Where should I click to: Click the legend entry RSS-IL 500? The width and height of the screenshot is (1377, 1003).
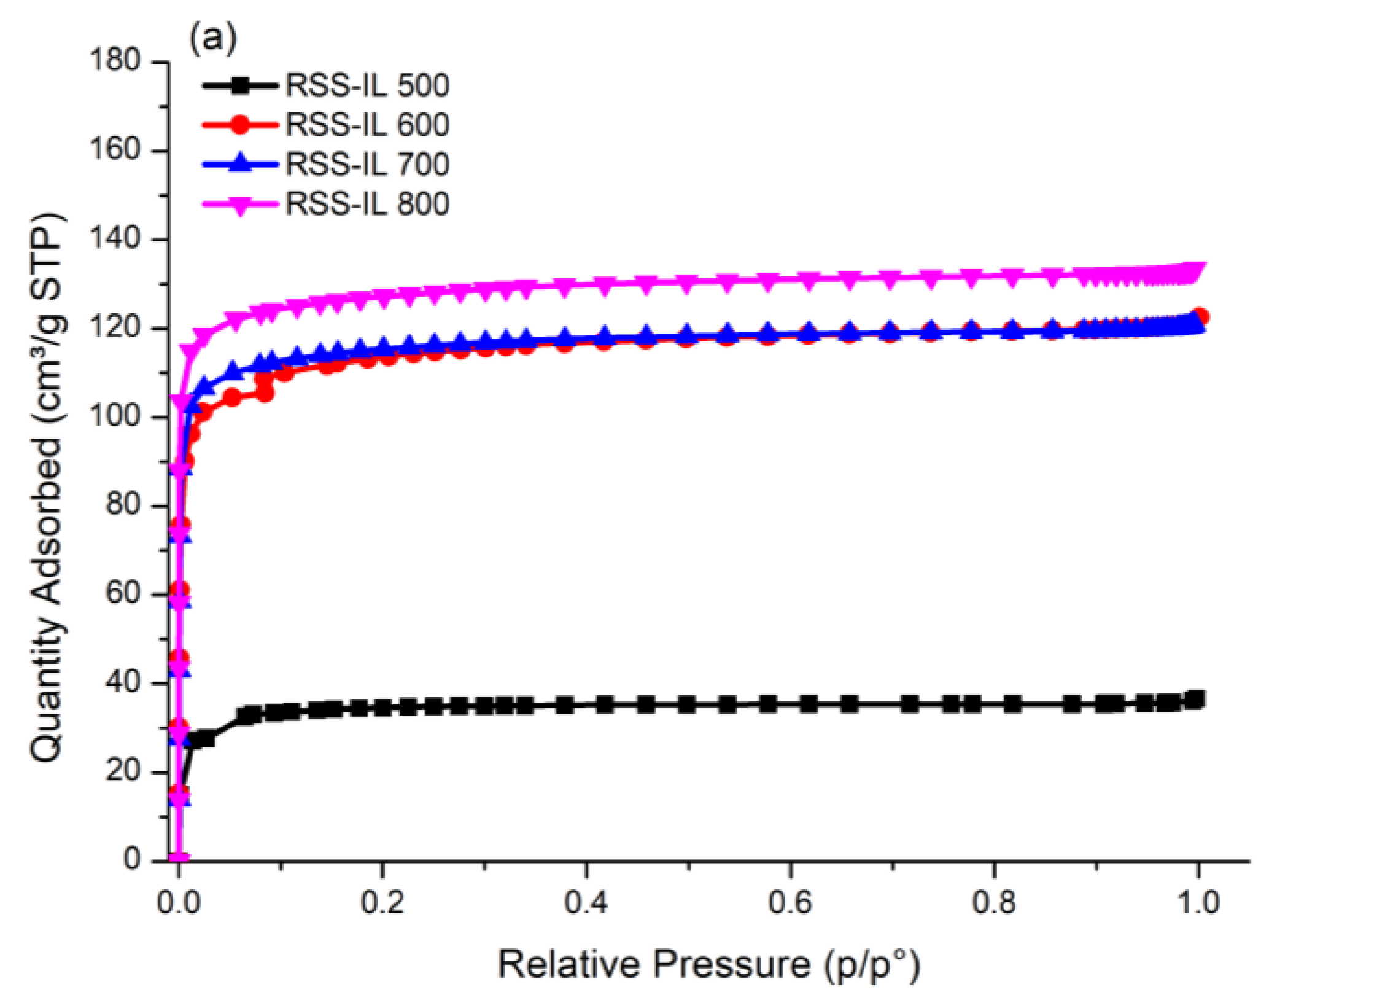367,85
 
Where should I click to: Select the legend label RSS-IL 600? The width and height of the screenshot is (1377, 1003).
367,125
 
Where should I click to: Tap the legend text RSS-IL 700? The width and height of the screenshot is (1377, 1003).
367,164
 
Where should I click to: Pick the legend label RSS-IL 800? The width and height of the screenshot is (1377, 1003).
367,203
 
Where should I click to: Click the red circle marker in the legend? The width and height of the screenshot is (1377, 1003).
241,125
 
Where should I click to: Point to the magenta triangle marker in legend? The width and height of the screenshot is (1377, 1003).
241,205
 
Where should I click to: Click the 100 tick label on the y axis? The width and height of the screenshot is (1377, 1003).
115,416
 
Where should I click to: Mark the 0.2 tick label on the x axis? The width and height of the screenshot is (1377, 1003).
382,902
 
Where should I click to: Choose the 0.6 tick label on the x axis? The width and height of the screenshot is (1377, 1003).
789,902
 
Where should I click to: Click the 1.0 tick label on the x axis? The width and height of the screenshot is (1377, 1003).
1198,902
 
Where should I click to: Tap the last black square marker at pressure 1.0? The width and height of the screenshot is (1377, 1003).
1196,699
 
